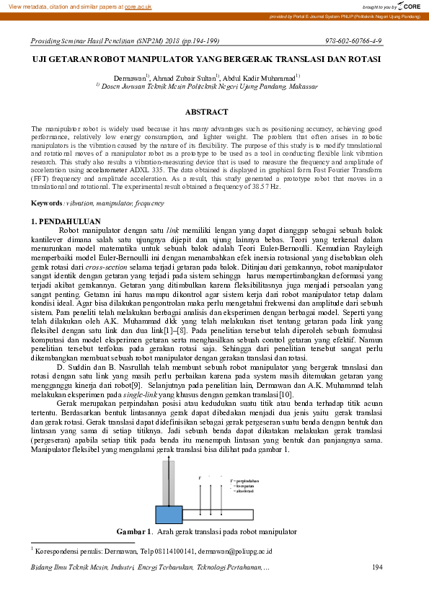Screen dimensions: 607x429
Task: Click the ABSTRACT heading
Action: (x=206, y=112)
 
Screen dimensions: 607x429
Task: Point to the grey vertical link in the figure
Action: (x=168, y=483)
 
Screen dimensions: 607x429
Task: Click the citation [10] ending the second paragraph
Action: (x=286, y=394)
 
